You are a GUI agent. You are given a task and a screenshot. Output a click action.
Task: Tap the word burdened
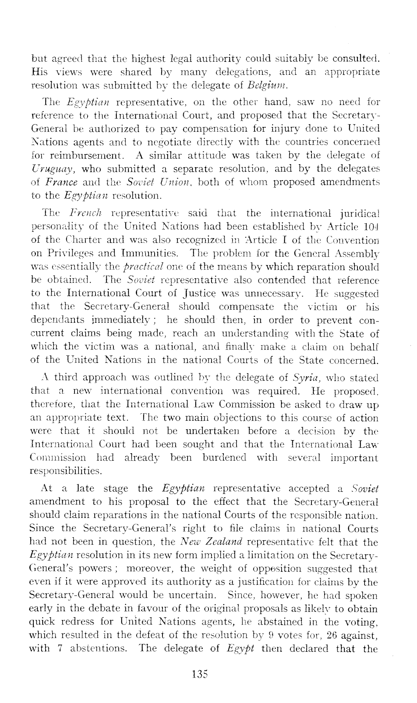[x=224, y=458]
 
